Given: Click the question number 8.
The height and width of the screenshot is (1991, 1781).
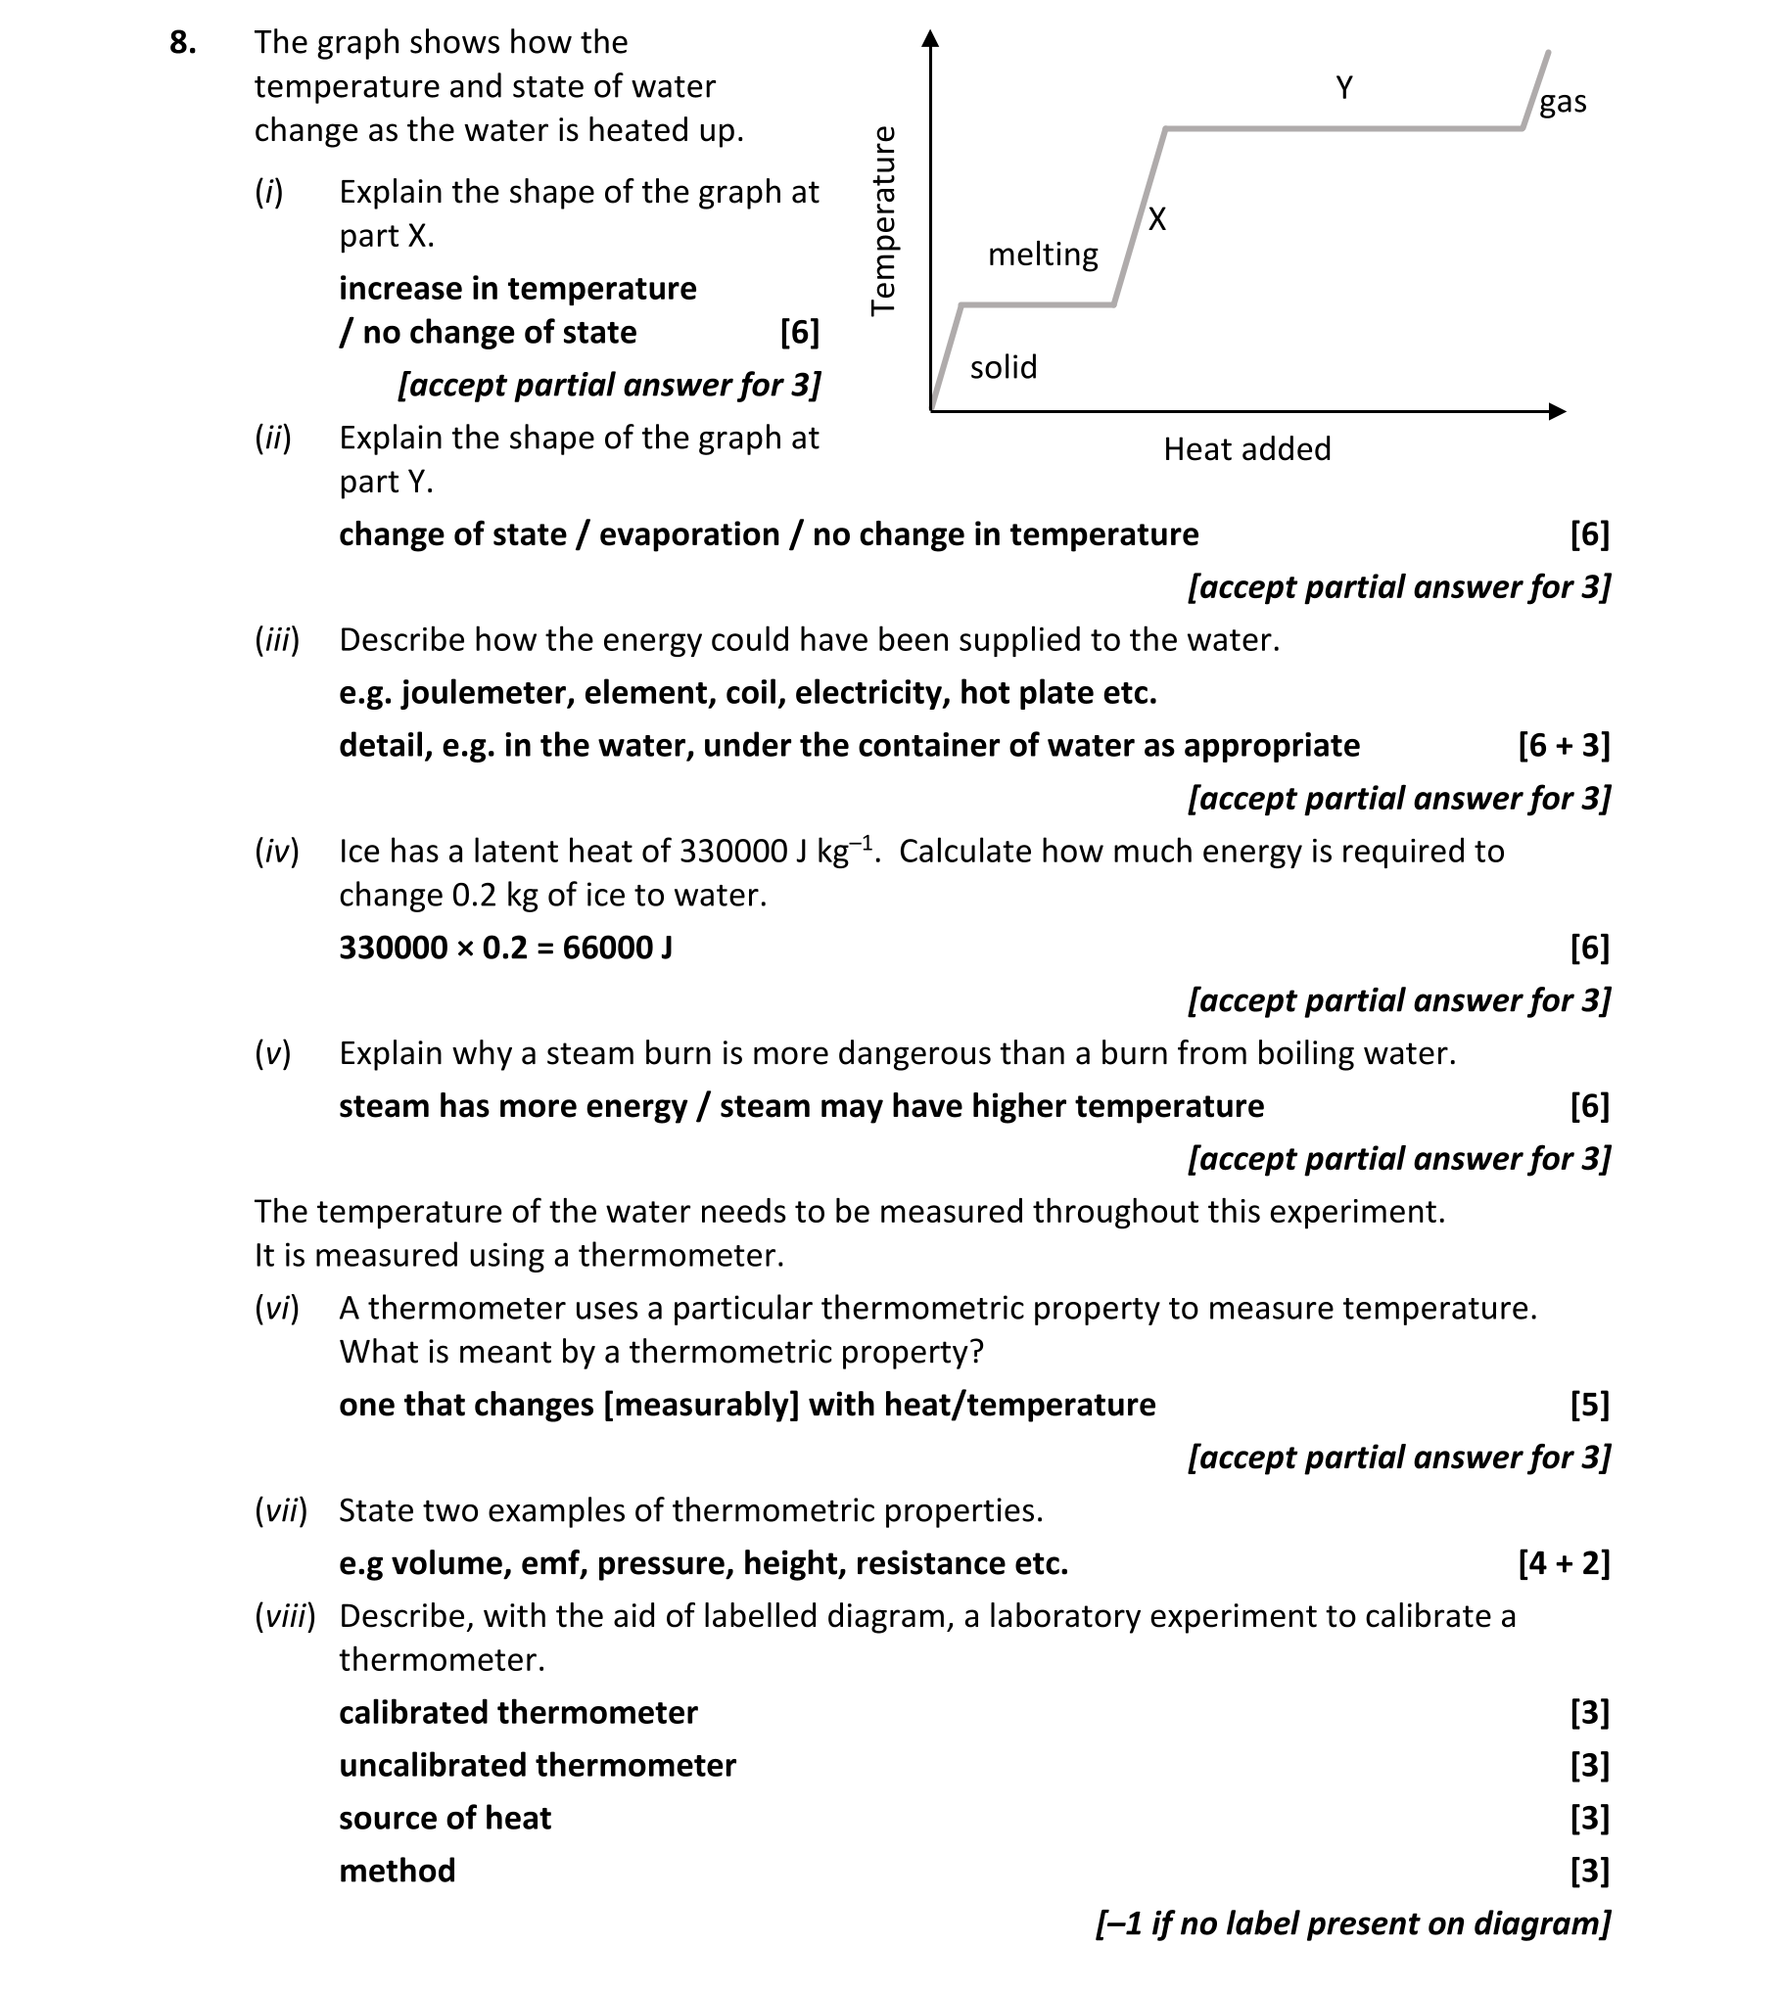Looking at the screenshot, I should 182,42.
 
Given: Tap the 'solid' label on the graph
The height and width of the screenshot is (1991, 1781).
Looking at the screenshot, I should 1003,367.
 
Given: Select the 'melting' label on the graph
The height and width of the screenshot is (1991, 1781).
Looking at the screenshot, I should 1043,255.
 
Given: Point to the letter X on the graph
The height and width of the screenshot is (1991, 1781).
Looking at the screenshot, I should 1157,219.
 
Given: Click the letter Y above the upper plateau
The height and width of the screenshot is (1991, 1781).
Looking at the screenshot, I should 1344,88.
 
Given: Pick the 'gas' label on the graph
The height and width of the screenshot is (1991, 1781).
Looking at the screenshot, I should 1563,102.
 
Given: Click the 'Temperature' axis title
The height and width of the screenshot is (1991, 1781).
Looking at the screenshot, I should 883,220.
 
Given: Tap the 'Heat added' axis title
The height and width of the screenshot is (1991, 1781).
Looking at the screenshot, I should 1246,449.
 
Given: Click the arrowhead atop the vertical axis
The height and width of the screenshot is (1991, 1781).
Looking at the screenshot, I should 930,38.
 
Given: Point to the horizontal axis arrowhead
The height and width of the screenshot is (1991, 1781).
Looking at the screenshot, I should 1557,411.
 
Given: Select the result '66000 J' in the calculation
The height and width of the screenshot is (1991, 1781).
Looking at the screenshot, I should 617,948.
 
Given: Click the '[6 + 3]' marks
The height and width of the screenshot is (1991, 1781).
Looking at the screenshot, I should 1564,745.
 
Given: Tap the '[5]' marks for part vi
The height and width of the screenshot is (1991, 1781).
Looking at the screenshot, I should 1589,1405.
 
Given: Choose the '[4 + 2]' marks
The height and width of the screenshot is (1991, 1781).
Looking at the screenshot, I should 1564,1563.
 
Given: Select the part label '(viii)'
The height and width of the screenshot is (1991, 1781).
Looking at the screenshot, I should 285,1616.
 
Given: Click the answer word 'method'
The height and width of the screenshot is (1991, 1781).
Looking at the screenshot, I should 397,1871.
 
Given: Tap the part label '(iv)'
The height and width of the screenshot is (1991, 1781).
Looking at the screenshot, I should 276,852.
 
